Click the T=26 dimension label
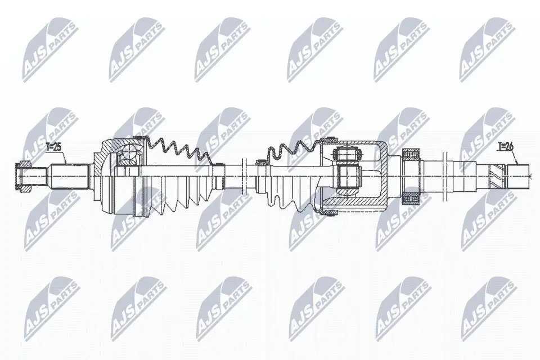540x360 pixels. coord(506,147)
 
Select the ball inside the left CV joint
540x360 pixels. coord(130,152)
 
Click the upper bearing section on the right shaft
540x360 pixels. coord(412,154)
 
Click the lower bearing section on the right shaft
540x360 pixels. coord(412,198)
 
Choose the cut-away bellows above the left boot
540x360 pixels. coord(180,151)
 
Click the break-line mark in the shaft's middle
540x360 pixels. coord(243,174)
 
